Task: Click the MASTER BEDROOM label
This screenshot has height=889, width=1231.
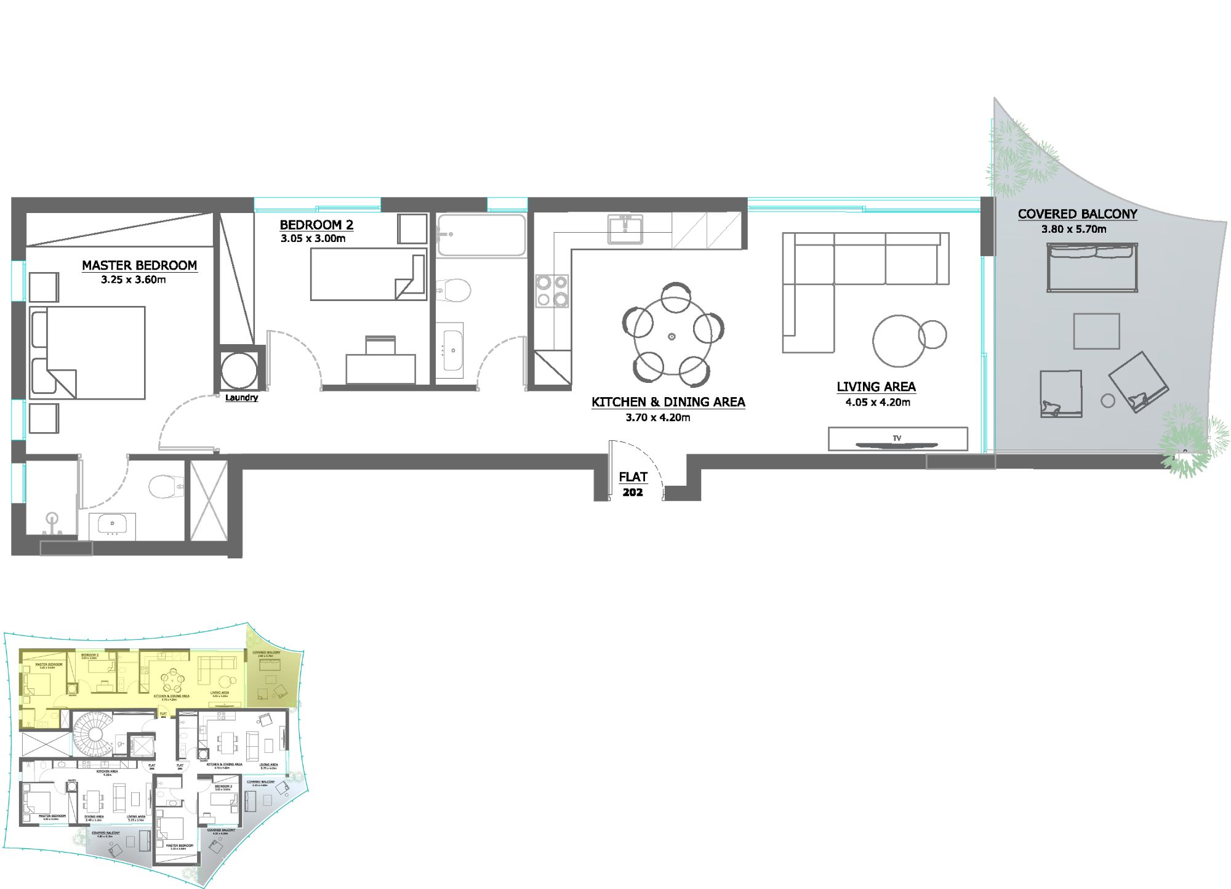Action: [139, 265]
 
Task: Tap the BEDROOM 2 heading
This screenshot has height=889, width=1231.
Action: [316, 225]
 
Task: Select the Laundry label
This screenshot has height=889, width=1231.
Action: [241, 398]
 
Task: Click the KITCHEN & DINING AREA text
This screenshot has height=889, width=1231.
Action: [668, 402]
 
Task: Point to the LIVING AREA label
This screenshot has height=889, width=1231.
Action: [876, 387]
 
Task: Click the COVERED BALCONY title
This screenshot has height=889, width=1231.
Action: [1077, 214]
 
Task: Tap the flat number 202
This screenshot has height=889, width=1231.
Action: [633, 493]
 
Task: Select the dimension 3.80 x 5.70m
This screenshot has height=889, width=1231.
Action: [1073, 229]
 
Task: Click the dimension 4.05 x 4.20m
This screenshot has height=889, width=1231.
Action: [878, 402]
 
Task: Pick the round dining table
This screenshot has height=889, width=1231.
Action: [672, 336]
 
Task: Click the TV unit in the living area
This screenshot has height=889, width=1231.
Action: [897, 439]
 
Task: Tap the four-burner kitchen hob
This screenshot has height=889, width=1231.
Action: [551, 291]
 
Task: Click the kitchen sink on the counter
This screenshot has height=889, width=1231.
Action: [625, 229]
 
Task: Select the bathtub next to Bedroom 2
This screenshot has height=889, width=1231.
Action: [481, 235]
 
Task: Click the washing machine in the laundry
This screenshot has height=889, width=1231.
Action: [239, 371]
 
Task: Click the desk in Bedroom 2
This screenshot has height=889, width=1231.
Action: [380, 369]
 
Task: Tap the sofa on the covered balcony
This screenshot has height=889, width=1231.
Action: [1092, 267]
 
